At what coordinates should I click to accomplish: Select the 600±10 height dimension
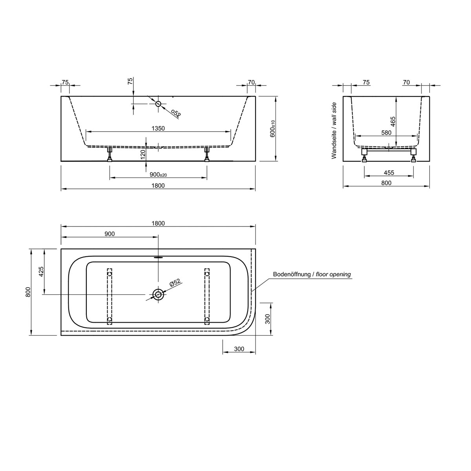[272, 129]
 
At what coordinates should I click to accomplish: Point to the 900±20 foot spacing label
[158, 175]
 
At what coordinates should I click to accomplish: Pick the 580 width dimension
[386, 133]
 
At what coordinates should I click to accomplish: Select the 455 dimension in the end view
[389, 173]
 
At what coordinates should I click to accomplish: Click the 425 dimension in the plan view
[41, 271]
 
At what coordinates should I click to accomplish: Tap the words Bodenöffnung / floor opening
[312, 274]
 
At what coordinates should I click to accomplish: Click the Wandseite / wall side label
[334, 131]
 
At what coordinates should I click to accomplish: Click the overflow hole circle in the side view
[158, 104]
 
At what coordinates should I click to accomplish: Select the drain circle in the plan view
[158, 294]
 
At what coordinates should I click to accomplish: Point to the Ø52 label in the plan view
[174, 283]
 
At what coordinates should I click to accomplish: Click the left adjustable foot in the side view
[110, 154]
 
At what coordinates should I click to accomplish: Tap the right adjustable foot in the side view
[207, 154]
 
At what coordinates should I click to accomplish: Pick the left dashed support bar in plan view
[110, 297]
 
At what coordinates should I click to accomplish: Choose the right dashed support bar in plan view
[207, 297]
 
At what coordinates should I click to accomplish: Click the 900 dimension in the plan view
[110, 234]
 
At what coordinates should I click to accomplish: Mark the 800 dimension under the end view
[386, 183]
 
